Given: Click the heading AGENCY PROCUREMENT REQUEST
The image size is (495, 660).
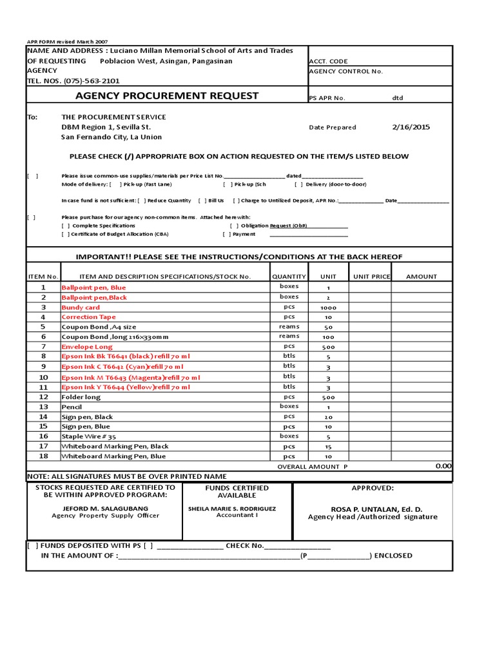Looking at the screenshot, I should [x=167, y=96].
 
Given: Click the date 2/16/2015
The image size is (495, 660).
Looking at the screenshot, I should [x=411, y=127].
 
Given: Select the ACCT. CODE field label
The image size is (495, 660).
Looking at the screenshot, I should [x=329, y=61].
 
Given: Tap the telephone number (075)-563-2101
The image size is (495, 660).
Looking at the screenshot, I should [x=87, y=81].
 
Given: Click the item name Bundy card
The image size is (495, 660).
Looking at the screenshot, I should [x=81, y=307].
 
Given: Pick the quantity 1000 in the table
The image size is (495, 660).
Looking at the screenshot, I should [x=328, y=307].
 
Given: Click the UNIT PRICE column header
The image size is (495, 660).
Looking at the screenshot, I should [x=371, y=277].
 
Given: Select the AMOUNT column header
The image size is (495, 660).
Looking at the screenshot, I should [x=421, y=277].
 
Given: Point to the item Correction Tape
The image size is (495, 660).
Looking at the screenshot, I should [x=88, y=317].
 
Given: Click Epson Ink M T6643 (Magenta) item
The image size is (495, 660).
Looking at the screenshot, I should [x=130, y=377].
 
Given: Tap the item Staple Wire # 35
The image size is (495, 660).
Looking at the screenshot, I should [x=89, y=436].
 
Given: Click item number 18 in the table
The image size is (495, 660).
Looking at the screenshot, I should [x=43, y=456].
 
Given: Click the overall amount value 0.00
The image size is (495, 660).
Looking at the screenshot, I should [x=443, y=465].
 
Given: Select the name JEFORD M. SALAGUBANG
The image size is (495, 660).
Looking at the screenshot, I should [x=105, y=508].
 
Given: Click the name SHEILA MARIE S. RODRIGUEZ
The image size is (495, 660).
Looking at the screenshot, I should [x=232, y=508].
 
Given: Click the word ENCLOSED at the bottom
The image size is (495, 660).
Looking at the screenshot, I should [x=393, y=556].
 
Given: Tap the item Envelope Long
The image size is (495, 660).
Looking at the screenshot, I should [x=86, y=347].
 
